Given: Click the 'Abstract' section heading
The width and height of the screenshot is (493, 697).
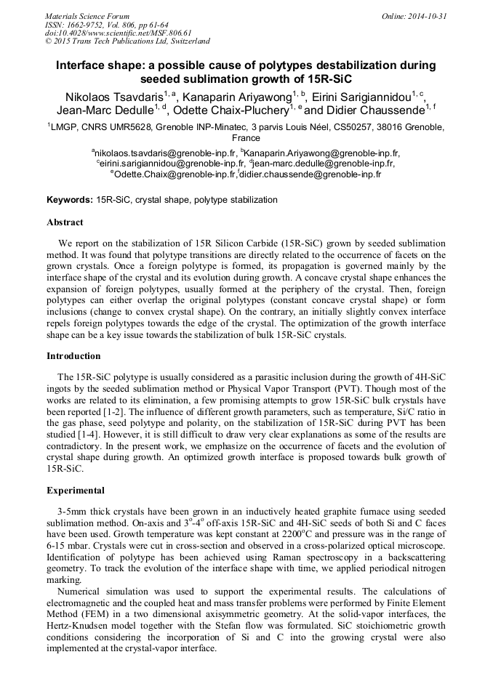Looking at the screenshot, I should pyautogui.click(x=65, y=222).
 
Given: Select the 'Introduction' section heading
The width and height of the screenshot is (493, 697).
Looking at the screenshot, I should pyautogui.click(x=73, y=356).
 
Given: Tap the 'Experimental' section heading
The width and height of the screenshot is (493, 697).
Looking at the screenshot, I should pyautogui.click(x=76, y=491).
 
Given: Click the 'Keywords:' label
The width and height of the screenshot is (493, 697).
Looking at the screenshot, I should pyautogui.click(x=69, y=200).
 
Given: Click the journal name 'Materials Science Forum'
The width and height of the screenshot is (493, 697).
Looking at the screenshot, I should pyautogui.click(x=87, y=16).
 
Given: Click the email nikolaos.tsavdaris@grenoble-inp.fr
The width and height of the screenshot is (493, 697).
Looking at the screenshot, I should pyautogui.click(x=166, y=154).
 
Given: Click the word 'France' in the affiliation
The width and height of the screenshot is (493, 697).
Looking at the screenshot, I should pyautogui.click(x=246, y=138).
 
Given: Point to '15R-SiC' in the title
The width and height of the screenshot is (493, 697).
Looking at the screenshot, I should pyautogui.click(x=332, y=79).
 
